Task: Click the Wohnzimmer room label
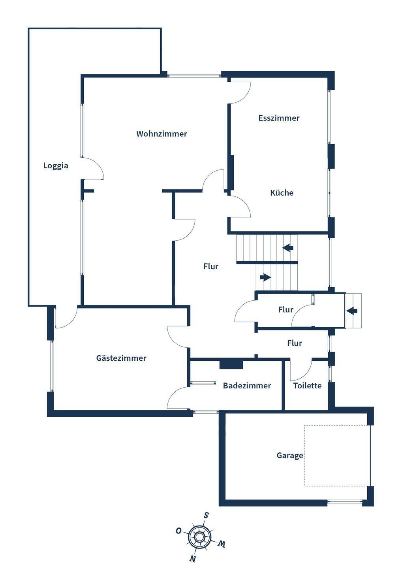point(162,134)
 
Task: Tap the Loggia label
point(56,166)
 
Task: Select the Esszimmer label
point(279,118)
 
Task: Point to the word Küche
point(282,193)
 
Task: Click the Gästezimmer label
point(121,358)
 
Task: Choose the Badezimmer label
point(247,386)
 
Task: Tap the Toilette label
point(307,386)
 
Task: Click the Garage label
point(290,455)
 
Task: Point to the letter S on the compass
point(206,515)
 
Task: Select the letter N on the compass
point(193,559)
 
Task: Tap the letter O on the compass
point(178,530)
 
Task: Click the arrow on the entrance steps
point(352,311)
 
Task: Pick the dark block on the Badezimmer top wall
point(231,365)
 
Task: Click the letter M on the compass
point(222,544)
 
